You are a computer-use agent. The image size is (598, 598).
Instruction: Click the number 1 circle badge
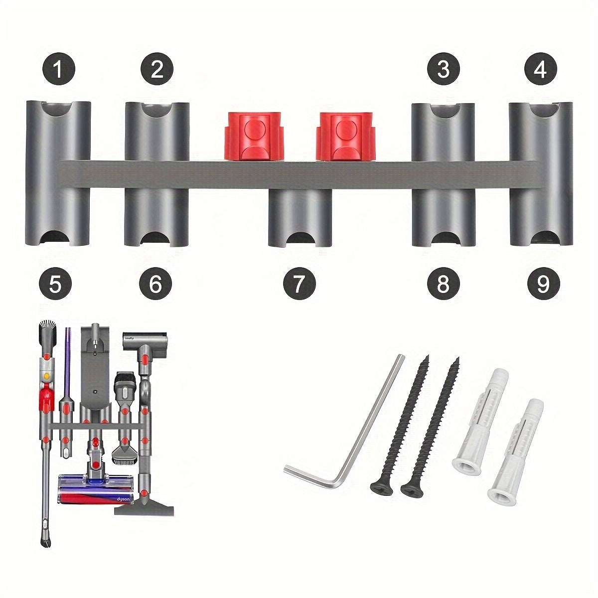58,69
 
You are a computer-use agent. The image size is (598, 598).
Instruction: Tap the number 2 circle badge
157,68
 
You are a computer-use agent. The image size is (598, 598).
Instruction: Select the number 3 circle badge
443,68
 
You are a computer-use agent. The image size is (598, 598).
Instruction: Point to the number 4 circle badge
540,68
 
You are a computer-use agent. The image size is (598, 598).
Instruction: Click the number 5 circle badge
55,285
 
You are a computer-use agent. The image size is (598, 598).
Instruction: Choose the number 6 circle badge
155,285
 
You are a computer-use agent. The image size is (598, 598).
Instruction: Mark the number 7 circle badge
299,285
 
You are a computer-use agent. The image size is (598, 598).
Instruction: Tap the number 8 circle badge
443,285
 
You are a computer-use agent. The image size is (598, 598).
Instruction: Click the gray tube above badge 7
300,217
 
